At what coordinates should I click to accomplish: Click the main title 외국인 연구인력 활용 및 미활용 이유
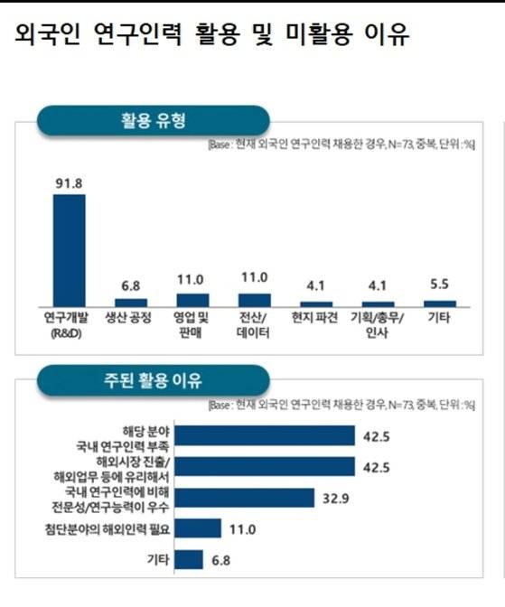click(212, 35)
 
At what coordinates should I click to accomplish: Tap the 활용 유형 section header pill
click(153, 120)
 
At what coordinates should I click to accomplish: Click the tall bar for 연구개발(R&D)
click(70, 250)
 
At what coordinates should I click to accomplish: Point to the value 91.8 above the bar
click(70, 183)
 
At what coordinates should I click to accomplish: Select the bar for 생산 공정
click(131, 303)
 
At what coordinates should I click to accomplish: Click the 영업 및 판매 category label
click(192, 324)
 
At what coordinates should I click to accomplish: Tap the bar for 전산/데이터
click(254, 300)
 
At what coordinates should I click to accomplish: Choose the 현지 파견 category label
click(315, 318)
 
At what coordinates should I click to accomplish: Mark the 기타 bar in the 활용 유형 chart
click(439, 303)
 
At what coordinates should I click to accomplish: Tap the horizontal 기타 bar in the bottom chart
click(190, 560)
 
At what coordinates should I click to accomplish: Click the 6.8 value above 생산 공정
click(131, 286)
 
